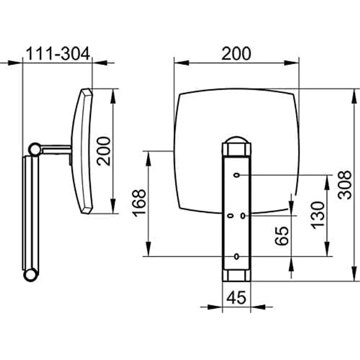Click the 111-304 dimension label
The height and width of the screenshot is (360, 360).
coord(57,54)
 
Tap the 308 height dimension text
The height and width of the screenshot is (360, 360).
coord(345,184)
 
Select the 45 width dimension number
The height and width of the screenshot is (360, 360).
coord(236,297)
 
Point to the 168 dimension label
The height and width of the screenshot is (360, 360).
coord(139,203)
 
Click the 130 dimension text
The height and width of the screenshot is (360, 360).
coord(318,215)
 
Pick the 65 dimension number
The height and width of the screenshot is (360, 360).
coord(282,236)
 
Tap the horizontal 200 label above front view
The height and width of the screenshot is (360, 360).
coord(236,54)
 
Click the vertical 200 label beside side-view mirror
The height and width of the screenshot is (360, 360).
coord(104,151)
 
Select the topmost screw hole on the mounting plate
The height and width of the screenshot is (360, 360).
coord(237,175)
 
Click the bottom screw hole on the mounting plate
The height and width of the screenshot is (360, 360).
coord(236,256)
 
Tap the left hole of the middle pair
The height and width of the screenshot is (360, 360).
coord(230,216)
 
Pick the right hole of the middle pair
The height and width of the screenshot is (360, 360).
coord(243,216)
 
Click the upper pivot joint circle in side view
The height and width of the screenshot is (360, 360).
coord(35,150)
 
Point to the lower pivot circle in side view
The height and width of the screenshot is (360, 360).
coord(30,274)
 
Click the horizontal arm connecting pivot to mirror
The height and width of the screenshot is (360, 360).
coord(56,150)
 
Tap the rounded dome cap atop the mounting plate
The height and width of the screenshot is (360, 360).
coord(236,140)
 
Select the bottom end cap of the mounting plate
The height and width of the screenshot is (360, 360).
coord(237,275)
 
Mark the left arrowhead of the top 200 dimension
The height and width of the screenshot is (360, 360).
coord(181,63)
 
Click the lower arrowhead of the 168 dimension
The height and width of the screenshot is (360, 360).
coord(149,249)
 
